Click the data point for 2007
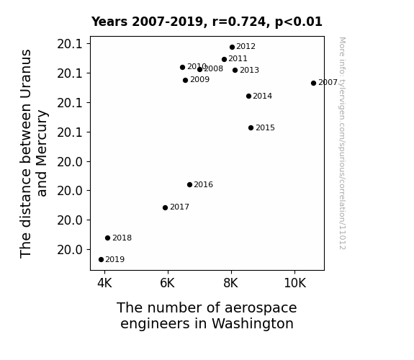pos(313,84)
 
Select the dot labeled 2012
pos(232,48)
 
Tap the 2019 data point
pos(101,260)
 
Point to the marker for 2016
pos(189,184)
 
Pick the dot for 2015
pos(251,128)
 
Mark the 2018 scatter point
pos(107,238)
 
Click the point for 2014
pos(248,96)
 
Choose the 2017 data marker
pos(166,207)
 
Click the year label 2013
pos(250,71)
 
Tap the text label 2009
pos(200,79)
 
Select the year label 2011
pos(238,58)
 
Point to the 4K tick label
pos(104,283)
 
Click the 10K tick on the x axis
pos(294,283)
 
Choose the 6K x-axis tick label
pos(167,283)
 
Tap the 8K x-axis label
pos(231,283)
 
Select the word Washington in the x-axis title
pos(253,324)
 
